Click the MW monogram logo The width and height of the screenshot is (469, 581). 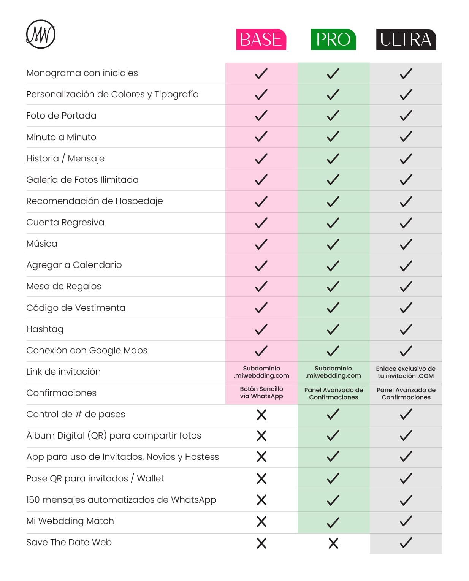coord(41,34)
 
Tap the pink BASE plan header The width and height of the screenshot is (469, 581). coord(261,40)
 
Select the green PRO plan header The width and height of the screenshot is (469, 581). coord(333,40)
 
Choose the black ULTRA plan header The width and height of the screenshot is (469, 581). coord(406,40)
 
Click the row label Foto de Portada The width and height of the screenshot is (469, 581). coord(61,116)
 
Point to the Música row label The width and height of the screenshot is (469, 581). coord(42,244)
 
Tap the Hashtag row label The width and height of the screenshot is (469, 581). coord(45,329)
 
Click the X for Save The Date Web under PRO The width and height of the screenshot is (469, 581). coord(333,543)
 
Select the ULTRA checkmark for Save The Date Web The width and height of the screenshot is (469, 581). coord(406,543)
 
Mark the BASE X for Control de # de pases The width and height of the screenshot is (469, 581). coord(261,415)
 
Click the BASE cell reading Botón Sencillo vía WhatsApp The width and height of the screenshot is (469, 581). coord(261,393)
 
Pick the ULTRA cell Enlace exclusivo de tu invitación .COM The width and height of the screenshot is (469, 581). coord(406,372)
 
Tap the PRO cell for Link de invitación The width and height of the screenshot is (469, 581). coord(333,372)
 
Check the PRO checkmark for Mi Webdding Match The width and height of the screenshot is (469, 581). coord(333,522)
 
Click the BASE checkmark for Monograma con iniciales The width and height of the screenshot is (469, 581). coord(261,73)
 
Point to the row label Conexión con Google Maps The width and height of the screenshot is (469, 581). coord(87,350)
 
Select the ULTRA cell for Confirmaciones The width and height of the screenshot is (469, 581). coord(406,393)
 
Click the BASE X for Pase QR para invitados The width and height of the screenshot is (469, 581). coord(261,478)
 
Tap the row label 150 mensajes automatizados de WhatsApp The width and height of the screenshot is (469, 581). coord(121,500)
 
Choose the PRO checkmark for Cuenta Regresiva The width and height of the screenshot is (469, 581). coord(333,223)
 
